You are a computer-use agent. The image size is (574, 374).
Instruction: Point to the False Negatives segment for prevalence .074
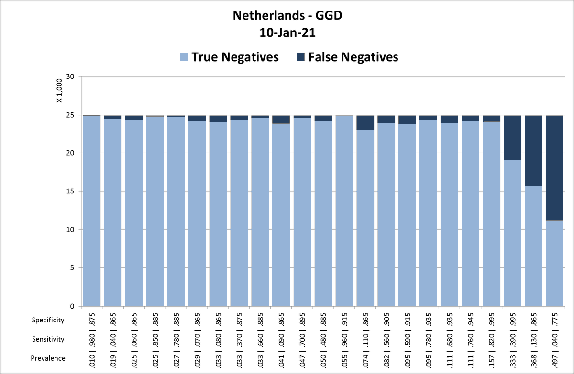pos(365,123)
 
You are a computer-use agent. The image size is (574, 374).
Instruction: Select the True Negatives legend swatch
pos(184,57)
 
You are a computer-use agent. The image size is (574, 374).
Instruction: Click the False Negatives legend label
pos(353,57)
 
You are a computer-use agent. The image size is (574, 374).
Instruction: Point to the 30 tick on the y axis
pos(71,76)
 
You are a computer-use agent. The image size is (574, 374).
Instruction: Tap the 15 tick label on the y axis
pos(71,192)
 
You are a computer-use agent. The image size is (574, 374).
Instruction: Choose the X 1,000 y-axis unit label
pos(59,91)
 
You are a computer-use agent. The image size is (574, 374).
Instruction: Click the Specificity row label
pos(48,320)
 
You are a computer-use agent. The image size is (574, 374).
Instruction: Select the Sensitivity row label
pos(48,339)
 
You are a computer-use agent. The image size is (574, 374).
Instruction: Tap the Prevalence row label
pos(48,358)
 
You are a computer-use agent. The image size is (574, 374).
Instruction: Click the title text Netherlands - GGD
pos(287,16)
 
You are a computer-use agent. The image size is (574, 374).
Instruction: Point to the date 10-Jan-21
pos(287,33)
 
